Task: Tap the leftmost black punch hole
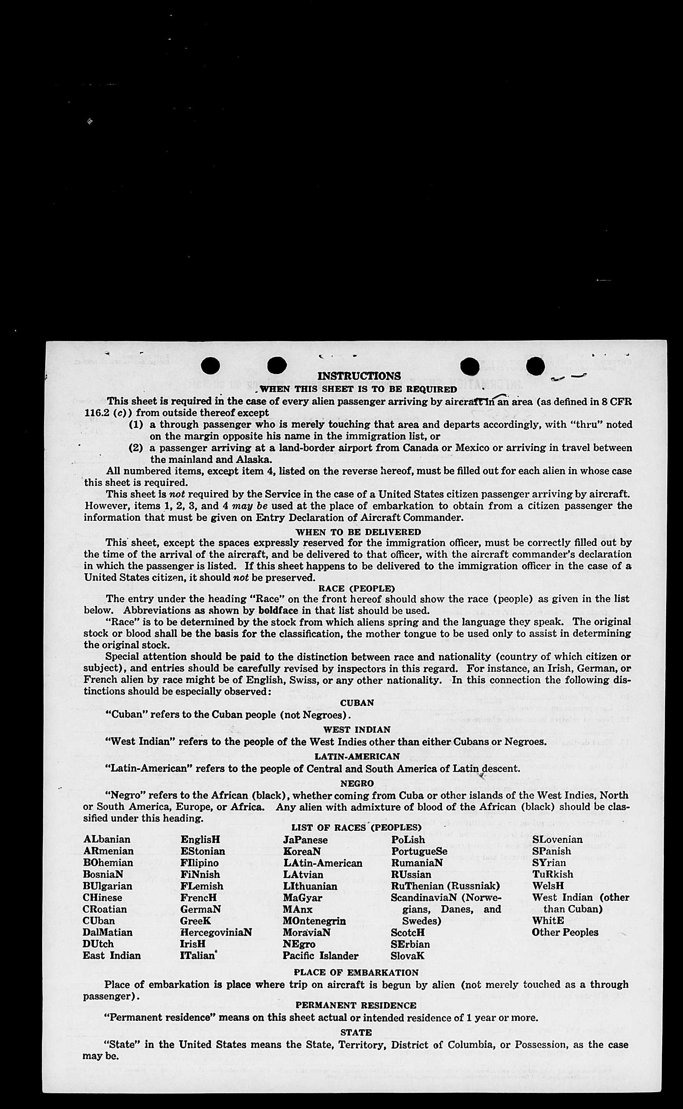click(210, 366)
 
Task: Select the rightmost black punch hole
click(535, 366)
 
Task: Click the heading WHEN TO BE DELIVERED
click(358, 532)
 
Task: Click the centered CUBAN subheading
click(357, 703)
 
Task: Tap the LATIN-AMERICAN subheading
click(357, 756)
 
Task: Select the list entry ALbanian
click(107, 840)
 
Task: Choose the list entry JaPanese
click(305, 840)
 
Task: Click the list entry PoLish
click(408, 840)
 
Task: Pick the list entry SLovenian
click(557, 840)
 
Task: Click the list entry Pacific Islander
click(320, 956)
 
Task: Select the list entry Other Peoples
click(565, 932)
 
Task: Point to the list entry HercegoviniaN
click(216, 932)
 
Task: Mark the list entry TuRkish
click(552, 874)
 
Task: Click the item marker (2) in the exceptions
click(136, 448)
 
